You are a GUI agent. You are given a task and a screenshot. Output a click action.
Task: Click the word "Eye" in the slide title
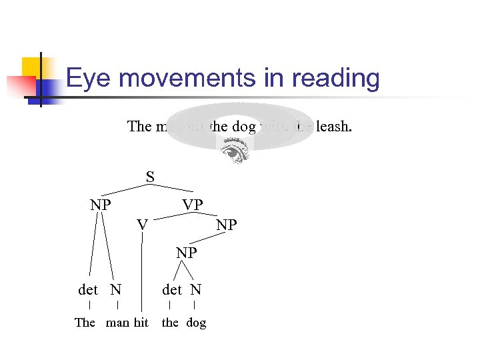[89, 79]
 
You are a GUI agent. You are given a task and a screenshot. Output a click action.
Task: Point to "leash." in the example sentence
[333, 126]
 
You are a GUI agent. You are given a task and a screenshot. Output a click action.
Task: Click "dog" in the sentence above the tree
[244, 126]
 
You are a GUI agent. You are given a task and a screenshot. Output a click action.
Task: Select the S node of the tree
[151, 177]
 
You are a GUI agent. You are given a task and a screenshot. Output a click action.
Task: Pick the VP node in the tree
[193, 205]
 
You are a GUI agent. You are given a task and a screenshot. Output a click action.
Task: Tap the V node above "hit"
[142, 225]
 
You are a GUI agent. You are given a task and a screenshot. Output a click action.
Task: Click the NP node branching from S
[101, 205]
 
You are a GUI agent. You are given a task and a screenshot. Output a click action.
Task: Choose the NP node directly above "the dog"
[187, 253]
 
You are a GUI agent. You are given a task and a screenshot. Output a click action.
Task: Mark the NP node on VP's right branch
[227, 225]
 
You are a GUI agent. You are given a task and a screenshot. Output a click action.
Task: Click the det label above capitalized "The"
[88, 289]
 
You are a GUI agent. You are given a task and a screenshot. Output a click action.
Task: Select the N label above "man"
[116, 289]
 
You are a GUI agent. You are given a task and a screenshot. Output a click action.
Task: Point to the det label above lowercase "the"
[172, 289]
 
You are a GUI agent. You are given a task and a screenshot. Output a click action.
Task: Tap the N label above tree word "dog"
[195, 289]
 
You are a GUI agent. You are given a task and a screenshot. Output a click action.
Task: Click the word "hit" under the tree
[141, 323]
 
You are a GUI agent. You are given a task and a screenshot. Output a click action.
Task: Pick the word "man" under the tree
[117, 323]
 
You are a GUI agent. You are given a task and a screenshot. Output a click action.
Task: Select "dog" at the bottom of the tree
[196, 323]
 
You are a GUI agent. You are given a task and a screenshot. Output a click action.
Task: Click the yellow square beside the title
[33, 68]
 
